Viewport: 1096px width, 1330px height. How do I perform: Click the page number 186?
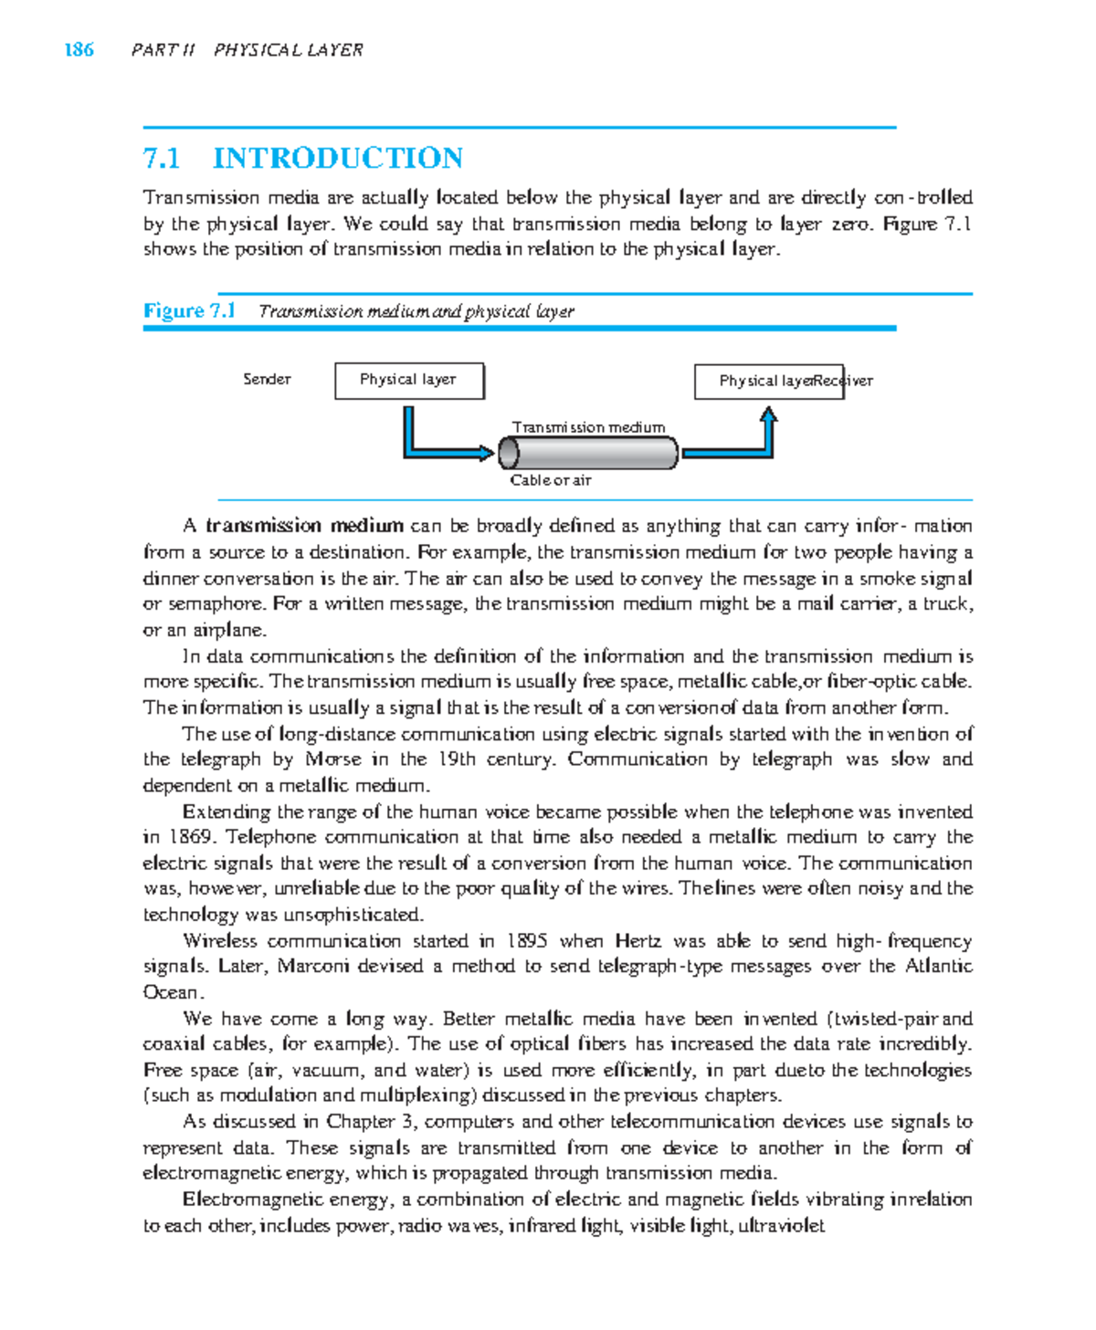(x=79, y=50)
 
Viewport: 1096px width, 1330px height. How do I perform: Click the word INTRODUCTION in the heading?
(x=338, y=158)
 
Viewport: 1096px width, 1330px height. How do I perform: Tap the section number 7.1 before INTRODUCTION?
(x=162, y=158)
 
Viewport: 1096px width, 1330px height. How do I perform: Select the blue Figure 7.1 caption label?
(x=189, y=311)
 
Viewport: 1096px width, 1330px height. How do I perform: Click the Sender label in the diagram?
(x=267, y=379)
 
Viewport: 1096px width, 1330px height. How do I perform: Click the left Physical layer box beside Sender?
(x=408, y=381)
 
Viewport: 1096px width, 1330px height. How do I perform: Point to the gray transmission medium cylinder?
(x=588, y=453)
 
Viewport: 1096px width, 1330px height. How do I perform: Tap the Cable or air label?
(x=550, y=480)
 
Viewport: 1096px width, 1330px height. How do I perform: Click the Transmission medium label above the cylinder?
(x=588, y=427)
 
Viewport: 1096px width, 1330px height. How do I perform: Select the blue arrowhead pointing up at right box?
(x=769, y=415)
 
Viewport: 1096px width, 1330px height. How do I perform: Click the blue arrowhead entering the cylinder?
(x=487, y=453)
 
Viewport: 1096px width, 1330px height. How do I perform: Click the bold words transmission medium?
(x=304, y=526)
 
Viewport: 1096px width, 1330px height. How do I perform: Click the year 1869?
(x=189, y=837)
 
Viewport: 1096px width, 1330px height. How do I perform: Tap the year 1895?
(x=527, y=941)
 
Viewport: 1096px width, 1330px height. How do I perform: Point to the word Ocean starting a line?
(x=170, y=992)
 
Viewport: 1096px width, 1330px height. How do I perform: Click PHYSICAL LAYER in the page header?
(x=288, y=50)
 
